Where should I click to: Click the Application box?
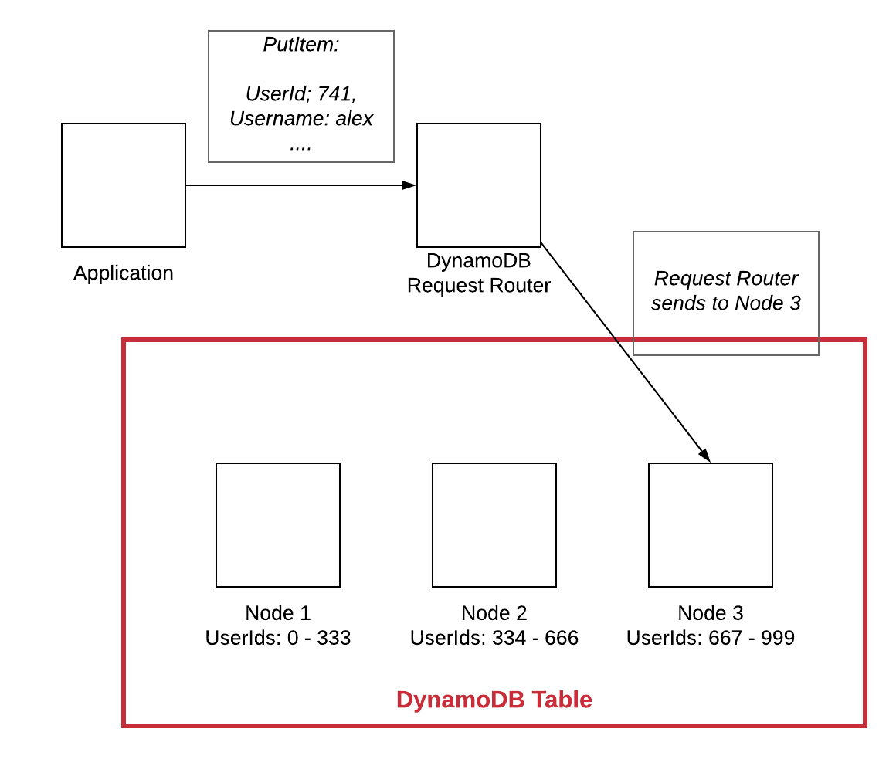[x=124, y=185]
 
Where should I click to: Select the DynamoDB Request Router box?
[x=479, y=185]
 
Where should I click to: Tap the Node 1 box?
[x=278, y=525]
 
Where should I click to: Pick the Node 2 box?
[x=494, y=525]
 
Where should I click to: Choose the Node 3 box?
[x=711, y=525]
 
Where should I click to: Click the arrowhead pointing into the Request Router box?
[x=409, y=185]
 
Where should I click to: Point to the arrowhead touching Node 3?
[x=704, y=456]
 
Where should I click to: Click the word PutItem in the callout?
[x=300, y=45]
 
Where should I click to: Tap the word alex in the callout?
[x=354, y=119]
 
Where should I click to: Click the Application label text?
[x=124, y=273]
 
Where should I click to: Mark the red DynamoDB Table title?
[x=494, y=700]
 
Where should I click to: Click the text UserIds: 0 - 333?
[x=278, y=638]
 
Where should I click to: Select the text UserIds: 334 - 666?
[x=494, y=638]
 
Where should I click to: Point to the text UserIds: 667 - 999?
[x=711, y=638]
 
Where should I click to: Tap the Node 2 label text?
[x=494, y=613]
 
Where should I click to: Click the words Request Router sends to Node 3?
[x=726, y=291]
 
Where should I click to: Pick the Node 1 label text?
[x=278, y=613]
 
